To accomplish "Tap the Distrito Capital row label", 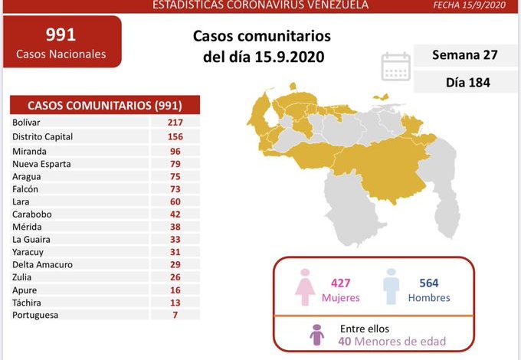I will pyautogui.click(x=42, y=136).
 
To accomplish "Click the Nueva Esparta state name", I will pyautogui.click(x=38, y=162).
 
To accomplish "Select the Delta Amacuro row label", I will pyautogui.click(x=42, y=264).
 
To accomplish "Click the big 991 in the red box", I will pyautogui.click(x=61, y=34).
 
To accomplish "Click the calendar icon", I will pyautogui.click(x=395, y=66).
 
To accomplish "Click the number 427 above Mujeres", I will pyautogui.click(x=340, y=283).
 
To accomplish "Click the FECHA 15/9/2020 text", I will pyautogui.click(x=481, y=5).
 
